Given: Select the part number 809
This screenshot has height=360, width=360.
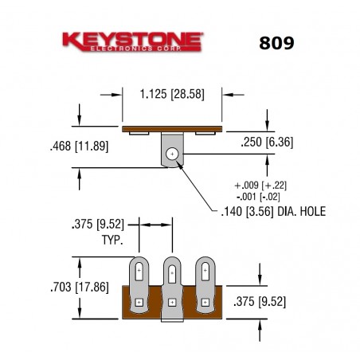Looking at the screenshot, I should point(276,43).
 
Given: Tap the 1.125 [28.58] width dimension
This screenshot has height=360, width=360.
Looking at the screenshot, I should point(172,93).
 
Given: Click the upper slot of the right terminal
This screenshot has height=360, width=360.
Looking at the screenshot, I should point(205,272).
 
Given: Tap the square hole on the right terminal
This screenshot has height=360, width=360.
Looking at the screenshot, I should point(205,302).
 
